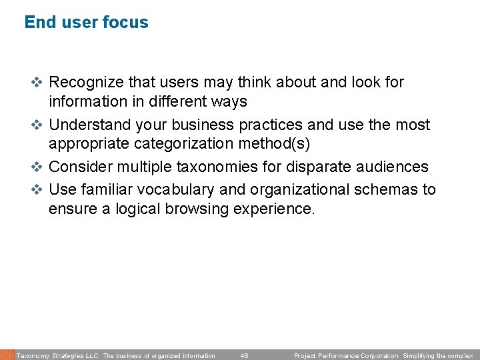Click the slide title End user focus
tap(86, 22)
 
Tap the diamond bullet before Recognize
tap(37, 83)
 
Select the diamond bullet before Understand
tap(37, 125)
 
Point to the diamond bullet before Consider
tap(37, 167)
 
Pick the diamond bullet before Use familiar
tap(37, 189)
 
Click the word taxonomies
tap(219, 167)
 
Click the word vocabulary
tap(173, 189)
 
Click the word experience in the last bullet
tap(277, 209)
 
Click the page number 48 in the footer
tap(244, 356)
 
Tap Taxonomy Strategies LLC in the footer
tap(57, 356)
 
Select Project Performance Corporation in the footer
tap(346, 356)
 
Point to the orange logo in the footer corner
tap(7, 355)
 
